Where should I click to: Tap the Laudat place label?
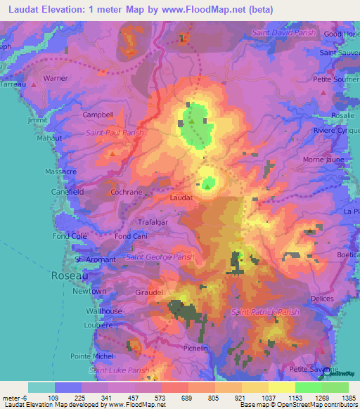tap(181, 198)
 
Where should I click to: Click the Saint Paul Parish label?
tap(115, 132)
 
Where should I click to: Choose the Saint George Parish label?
tap(160, 257)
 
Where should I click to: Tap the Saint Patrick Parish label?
tap(265, 312)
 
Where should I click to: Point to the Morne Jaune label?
tap(323, 159)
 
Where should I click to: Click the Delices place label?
tap(321, 298)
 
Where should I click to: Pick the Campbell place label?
tap(98, 115)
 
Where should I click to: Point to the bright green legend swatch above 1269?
tap(308, 387)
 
